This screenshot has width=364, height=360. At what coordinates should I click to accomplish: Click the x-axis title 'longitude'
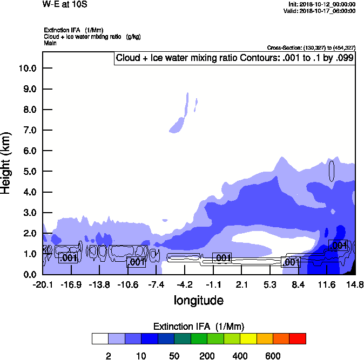(x=198, y=300)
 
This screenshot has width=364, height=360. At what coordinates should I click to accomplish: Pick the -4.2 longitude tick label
(x=185, y=284)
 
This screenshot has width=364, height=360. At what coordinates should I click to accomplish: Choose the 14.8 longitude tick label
(x=355, y=284)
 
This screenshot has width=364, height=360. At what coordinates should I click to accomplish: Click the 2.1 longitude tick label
(x=241, y=284)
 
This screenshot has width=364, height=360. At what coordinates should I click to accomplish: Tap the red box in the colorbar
(x=297, y=338)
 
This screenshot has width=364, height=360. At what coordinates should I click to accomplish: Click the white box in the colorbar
(x=100, y=338)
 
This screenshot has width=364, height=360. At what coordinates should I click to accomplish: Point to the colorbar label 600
(x=273, y=356)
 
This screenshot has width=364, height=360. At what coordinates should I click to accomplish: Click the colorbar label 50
(x=174, y=356)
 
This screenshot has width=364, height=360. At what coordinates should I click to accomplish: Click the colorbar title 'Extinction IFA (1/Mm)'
(x=199, y=326)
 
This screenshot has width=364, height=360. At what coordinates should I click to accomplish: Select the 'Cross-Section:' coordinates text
(x=311, y=47)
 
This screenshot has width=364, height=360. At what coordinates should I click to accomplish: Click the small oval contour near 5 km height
(x=332, y=171)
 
